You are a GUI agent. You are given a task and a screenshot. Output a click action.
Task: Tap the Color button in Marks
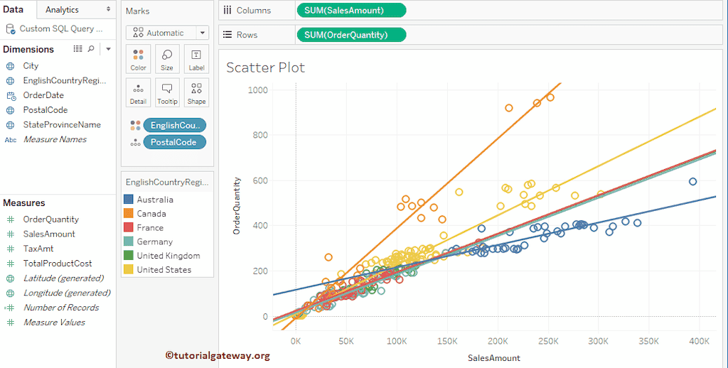pyautogui.click(x=138, y=59)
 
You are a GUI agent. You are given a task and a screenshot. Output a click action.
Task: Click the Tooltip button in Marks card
pyautogui.click(x=167, y=93)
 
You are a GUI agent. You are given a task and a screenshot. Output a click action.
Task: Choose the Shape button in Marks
pyautogui.click(x=196, y=93)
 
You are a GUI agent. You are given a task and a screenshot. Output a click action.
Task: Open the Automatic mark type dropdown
pyautogui.click(x=167, y=33)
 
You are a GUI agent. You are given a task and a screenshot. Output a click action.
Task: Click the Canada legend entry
pyautogui.click(x=151, y=214)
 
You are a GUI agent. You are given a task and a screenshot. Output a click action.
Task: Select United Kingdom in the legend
pyautogui.click(x=168, y=256)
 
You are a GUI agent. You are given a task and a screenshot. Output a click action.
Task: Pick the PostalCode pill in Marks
pyautogui.click(x=174, y=142)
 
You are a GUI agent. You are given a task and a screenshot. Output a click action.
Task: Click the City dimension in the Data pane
pyautogui.click(x=31, y=65)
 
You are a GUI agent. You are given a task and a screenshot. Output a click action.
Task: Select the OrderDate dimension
pyautogui.click(x=43, y=95)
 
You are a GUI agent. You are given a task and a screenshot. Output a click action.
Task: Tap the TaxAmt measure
pyautogui.click(x=38, y=249)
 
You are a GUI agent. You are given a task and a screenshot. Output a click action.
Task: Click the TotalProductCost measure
pyautogui.click(x=58, y=264)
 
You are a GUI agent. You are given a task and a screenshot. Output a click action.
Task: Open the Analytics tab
pyautogui.click(x=62, y=10)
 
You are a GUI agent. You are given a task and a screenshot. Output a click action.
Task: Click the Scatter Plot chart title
pyautogui.click(x=265, y=67)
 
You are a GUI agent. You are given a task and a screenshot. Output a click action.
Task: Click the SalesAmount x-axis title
pyautogui.click(x=493, y=358)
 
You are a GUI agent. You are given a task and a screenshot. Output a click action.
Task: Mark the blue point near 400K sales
pyautogui.click(x=692, y=182)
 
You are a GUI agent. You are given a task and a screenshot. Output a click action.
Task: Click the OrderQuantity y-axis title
pyautogui.click(x=237, y=206)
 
